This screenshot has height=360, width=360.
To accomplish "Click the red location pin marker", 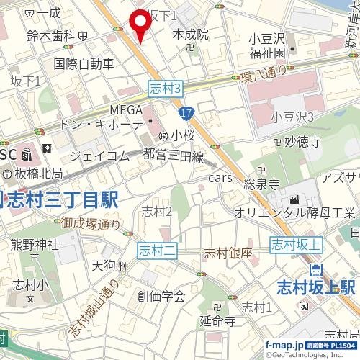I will [x=139, y=24].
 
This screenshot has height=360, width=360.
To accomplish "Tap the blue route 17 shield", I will [x=186, y=113].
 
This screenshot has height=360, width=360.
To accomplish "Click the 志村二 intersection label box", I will [x=157, y=251].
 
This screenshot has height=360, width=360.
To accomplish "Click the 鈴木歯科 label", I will [x=51, y=35].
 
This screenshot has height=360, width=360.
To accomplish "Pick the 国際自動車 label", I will [x=84, y=63].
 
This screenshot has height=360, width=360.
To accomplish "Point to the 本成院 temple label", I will [x=191, y=34].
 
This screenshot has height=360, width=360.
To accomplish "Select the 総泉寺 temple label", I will [x=261, y=184].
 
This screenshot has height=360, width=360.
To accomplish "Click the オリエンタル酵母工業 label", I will [x=294, y=213].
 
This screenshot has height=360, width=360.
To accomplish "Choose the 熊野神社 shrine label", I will [x=33, y=245].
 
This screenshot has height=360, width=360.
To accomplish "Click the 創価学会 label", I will [x=161, y=295].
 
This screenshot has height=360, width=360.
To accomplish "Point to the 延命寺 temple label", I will [x=217, y=320].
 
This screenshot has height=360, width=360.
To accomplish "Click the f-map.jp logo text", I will [x=283, y=344].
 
